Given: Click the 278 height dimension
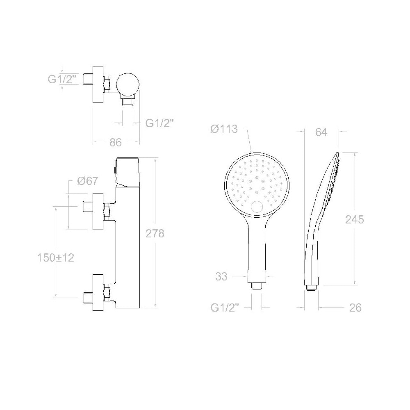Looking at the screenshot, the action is point(155,233).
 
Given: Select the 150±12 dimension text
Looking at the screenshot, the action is point(55,258).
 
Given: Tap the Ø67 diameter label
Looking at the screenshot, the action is point(88,181).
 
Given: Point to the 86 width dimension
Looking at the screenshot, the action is point(116,143).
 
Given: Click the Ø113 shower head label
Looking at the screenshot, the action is point(224,129).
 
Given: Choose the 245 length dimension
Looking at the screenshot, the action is point(355,219).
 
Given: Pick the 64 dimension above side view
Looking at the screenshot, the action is point(321,132).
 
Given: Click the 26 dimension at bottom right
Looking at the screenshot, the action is point(355,308).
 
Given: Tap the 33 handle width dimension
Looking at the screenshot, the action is point(221,276).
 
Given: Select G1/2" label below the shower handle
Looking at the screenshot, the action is point(225,308).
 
